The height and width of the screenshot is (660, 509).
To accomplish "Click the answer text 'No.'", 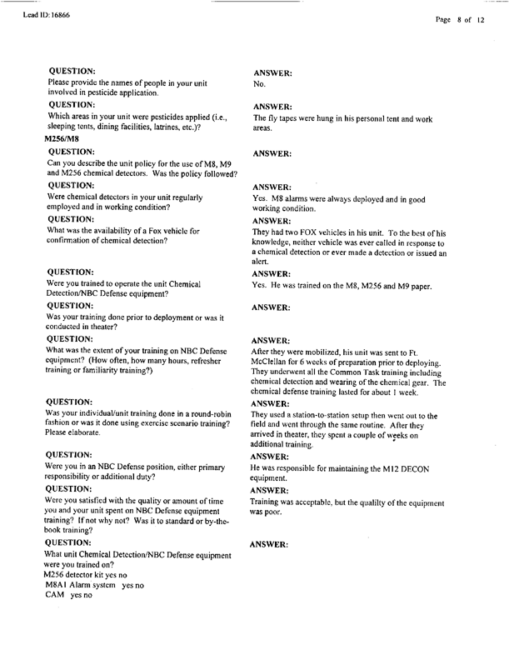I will [258, 84].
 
